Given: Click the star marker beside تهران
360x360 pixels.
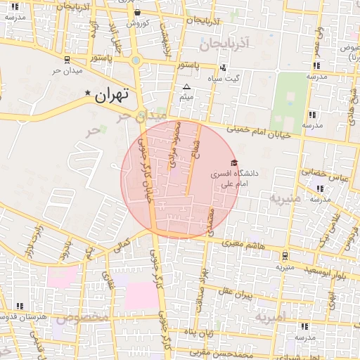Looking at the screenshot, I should coord(88,94).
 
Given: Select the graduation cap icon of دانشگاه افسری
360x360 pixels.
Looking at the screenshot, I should coord(234,162).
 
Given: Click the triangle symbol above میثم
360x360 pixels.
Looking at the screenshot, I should coord(186,87).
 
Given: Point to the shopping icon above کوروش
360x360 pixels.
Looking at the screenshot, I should coord(136,12).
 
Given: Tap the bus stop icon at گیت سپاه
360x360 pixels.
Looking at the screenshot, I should coord(223,68).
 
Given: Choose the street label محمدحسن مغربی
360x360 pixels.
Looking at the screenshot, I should coord(243,353).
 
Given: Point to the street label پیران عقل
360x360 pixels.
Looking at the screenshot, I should coord(234,291).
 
